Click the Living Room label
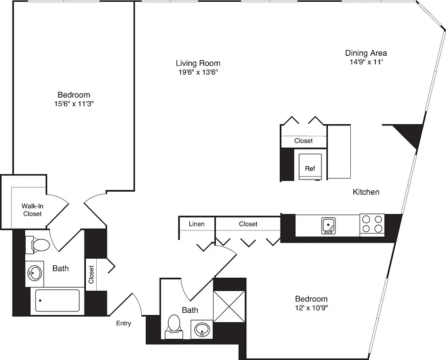click(x=198, y=63)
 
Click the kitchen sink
click(x=329, y=225)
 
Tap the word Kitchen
click(x=366, y=192)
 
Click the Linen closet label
click(x=196, y=224)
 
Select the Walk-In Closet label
click(x=32, y=210)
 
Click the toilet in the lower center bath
click(x=174, y=325)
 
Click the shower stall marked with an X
click(x=229, y=306)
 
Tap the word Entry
click(x=124, y=323)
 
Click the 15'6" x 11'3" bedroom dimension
click(x=74, y=103)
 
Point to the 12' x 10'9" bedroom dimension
click(x=311, y=308)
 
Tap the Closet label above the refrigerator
click(x=303, y=141)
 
